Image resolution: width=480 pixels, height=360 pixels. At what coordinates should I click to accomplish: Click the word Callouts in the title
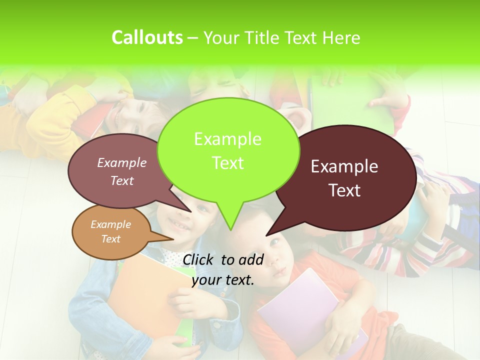147,37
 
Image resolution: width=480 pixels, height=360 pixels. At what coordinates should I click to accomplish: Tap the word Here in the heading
341,38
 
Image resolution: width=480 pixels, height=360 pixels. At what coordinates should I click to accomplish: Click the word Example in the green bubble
227,139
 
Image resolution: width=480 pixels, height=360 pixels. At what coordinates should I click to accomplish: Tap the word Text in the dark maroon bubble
345,190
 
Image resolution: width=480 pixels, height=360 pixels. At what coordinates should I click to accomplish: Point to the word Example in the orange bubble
110,224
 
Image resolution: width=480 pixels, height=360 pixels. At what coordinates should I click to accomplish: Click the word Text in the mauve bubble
122,181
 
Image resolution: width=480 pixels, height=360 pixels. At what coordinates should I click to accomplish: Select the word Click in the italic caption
198,259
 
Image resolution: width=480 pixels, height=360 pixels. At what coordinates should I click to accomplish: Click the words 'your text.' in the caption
223,280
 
